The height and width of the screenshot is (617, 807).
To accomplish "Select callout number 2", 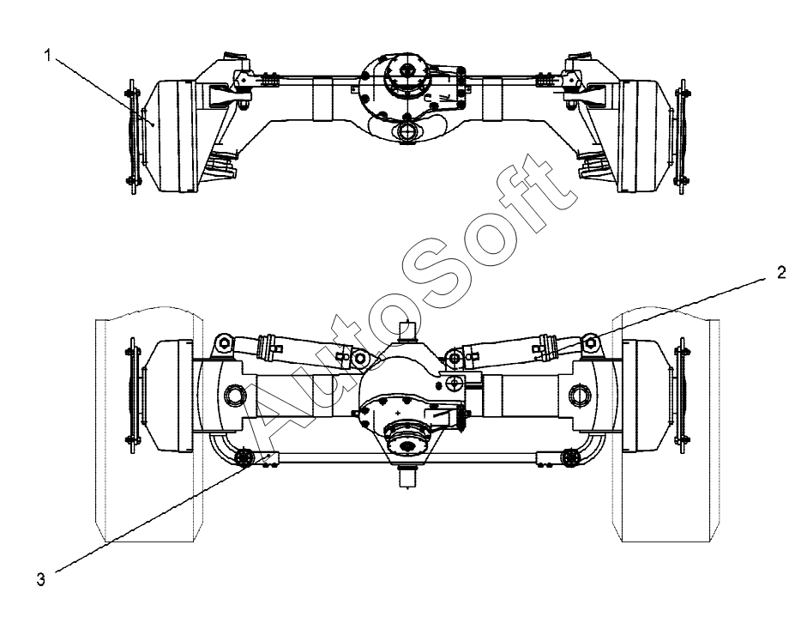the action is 780,274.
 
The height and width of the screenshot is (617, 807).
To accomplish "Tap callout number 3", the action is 39,578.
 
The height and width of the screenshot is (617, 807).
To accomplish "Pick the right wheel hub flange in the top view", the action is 683,137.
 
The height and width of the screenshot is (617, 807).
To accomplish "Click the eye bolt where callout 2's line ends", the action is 589,344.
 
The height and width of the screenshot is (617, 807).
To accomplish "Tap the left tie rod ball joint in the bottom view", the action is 243,458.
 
